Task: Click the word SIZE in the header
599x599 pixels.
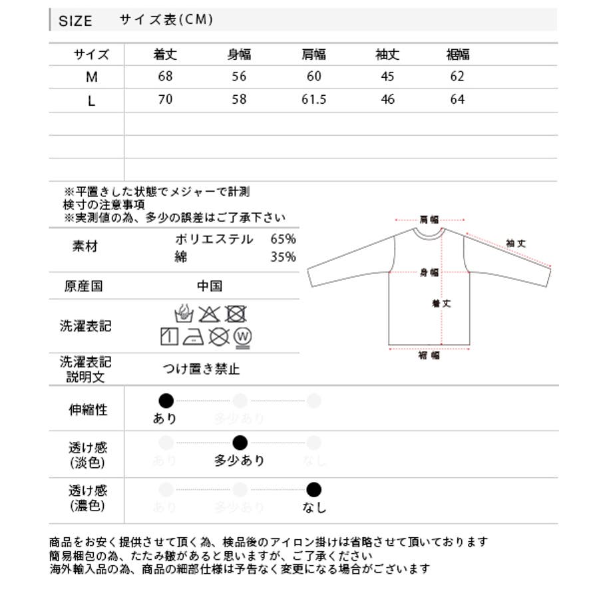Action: pyautogui.click(x=75, y=21)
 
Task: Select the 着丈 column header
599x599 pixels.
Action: pyautogui.click(x=165, y=55)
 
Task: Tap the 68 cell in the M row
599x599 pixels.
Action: pyautogui.click(x=165, y=77)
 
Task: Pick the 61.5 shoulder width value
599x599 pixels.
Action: pyautogui.click(x=314, y=99)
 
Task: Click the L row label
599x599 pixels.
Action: pyautogui.click(x=92, y=100)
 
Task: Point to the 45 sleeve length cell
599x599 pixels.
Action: pyautogui.click(x=387, y=77)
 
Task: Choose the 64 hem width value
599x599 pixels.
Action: pyautogui.click(x=457, y=99)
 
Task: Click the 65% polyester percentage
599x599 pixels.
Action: pyautogui.click(x=283, y=240)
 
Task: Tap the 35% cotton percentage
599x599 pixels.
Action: pyautogui.click(x=283, y=257)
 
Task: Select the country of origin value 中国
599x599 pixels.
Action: pyautogui.click(x=210, y=286)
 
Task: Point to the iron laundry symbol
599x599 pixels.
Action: pyautogui.click(x=194, y=336)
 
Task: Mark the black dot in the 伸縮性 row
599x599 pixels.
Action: pyautogui.click(x=166, y=401)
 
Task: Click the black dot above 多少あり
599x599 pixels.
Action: pyautogui.click(x=240, y=443)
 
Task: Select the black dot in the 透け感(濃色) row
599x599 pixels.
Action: pyautogui.click(x=314, y=491)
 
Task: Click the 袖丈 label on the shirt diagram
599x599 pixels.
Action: pyautogui.click(x=516, y=244)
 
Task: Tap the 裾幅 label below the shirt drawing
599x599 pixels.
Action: pyautogui.click(x=429, y=355)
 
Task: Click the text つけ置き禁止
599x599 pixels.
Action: pyautogui.click(x=201, y=369)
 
